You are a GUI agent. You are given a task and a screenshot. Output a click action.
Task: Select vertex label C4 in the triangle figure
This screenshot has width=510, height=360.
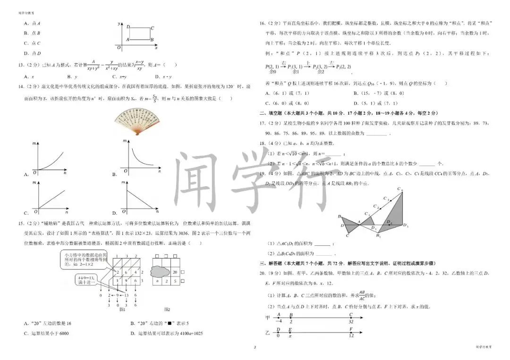click(x=400, y=190)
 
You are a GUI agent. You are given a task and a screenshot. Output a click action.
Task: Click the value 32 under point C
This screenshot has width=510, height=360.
click(x=351, y=321)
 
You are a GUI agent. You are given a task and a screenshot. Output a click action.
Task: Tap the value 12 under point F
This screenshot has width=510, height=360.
click(x=351, y=335)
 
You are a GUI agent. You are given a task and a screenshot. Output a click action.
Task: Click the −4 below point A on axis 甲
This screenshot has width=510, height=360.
click(x=278, y=321)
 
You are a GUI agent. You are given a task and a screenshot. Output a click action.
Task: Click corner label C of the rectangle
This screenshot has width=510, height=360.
click(x=152, y=28)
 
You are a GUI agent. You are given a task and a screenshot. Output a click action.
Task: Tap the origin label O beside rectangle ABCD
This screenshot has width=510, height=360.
click(x=119, y=48)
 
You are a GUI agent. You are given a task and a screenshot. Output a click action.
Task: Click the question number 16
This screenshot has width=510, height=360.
click(x=262, y=23)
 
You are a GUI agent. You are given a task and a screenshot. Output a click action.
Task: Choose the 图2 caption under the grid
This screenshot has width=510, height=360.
click(x=167, y=309)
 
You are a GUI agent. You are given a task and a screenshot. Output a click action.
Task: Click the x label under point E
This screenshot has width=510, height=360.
click(x=290, y=335)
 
